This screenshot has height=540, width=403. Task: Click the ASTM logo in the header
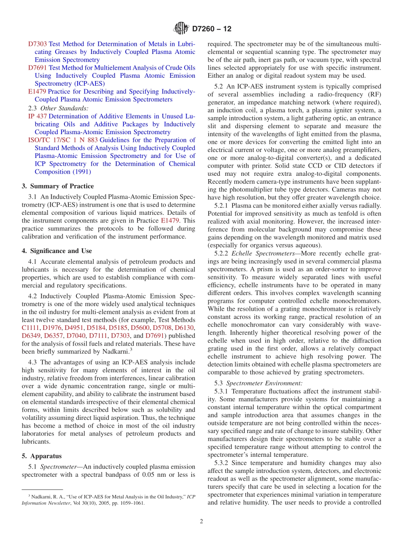[x=181, y=29]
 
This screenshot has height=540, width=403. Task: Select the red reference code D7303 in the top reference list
[x=37, y=44]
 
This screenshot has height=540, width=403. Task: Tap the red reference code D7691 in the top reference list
[x=37, y=68]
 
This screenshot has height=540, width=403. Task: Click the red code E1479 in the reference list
[x=37, y=92]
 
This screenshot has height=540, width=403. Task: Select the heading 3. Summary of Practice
[x=58, y=186]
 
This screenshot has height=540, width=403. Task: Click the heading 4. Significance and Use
[x=57, y=251]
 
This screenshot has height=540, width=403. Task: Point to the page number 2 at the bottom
[x=201, y=522]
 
